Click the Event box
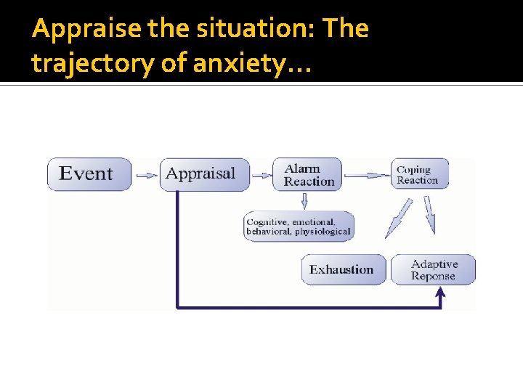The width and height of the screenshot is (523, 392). (x=89, y=174)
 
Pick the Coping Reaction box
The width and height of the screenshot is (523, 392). (x=419, y=175)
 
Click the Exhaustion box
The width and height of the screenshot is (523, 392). (x=342, y=269)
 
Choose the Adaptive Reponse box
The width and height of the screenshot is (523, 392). (x=434, y=269)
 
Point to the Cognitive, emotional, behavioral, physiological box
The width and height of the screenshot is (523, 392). (x=299, y=226)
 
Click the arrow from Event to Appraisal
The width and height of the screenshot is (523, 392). (x=147, y=175)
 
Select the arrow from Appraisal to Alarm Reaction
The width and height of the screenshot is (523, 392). (x=261, y=175)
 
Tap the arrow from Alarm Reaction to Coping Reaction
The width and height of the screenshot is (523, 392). (x=368, y=175)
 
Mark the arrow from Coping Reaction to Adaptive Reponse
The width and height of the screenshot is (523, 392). (x=429, y=215)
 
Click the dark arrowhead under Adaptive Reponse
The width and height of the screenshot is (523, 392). (x=439, y=293)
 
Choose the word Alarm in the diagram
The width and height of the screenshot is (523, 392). (x=302, y=169)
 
